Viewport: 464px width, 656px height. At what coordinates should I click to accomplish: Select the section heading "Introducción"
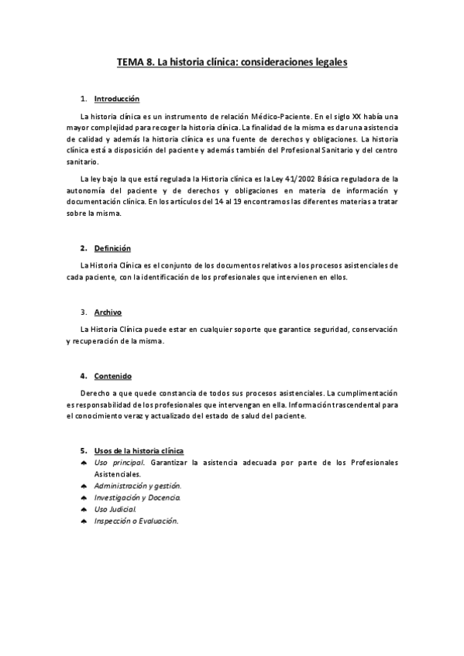coord(116,100)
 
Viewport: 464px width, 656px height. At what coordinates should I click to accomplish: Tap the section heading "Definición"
coord(112,248)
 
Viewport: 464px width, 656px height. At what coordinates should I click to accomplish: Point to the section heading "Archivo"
coord(108,313)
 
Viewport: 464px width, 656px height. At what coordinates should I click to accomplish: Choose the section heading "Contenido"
coord(113,376)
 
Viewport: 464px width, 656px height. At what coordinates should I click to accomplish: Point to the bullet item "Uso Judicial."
coord(115,510)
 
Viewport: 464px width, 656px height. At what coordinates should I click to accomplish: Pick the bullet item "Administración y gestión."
coord(138,486)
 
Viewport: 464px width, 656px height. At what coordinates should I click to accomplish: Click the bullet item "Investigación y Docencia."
coord(138,497)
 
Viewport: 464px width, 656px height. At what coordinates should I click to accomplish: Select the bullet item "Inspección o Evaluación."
coord(136,521)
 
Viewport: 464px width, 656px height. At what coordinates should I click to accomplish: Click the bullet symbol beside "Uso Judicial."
coord(83,510)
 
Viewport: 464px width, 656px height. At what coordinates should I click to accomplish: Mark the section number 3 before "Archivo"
coord(83,313)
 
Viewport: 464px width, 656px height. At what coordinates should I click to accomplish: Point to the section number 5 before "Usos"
coord(83,450)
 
